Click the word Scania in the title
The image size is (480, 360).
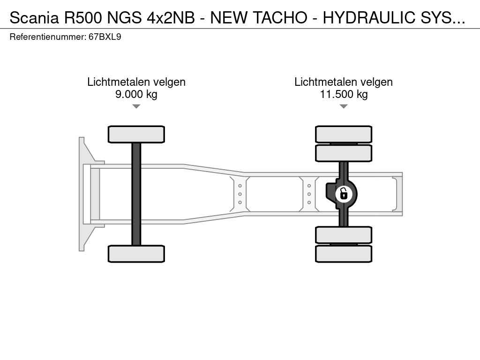point(34,17)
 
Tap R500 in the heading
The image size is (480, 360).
point(82,17)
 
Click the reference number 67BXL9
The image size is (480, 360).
point(105,37)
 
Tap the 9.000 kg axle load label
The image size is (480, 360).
point(136,94)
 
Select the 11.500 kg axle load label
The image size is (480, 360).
point(344,94)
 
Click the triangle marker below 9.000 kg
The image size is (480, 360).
point(136,106)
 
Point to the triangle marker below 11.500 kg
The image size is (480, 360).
point(344,106)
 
